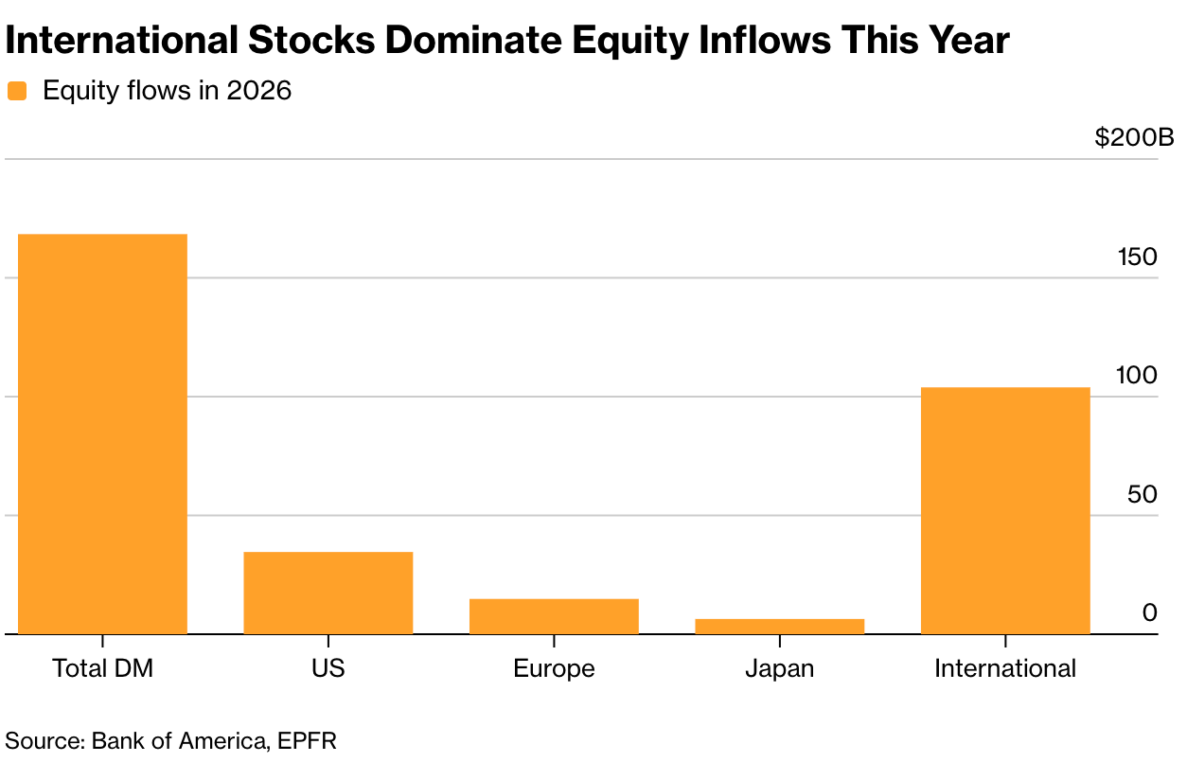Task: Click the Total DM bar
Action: point(102,434)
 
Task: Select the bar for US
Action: point(328,593)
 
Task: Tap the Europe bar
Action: point(554,616)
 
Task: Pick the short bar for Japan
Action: point(779,627)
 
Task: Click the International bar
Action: point(1005,511)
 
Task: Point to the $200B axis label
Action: point(1134,138)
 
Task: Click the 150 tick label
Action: point(1137,257)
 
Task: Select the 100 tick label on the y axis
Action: point(1137,376)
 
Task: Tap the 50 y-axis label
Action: point(1142,494)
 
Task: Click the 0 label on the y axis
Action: point(1150,613)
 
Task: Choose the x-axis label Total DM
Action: point(103,668)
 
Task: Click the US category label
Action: point(328,668)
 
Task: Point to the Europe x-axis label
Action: point(554,669)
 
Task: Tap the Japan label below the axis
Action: point(779,669)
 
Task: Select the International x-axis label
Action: point(1005,668)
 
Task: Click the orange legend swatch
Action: point(17,91)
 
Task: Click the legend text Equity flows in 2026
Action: point(167,91)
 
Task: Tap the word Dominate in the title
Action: point(473,41)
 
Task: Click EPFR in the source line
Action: point(307,741)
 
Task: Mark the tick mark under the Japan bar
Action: point(779,641)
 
